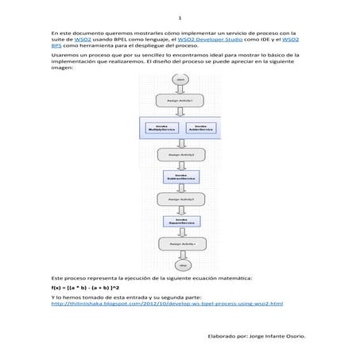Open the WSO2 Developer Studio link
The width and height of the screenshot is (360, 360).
[x=210, y=38]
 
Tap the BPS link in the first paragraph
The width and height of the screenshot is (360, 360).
[x=56, y=45]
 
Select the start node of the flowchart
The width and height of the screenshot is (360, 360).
[x=180, y=80]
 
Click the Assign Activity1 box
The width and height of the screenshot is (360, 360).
[x=180, y=101]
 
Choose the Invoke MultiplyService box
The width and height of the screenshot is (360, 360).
[x=161, y=127]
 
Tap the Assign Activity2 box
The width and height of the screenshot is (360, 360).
[x=180, y=153]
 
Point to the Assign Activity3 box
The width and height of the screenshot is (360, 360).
[x=180, y=199]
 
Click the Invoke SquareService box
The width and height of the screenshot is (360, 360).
[x=180, y=221]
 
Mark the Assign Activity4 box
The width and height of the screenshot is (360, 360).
[x=180, y=243]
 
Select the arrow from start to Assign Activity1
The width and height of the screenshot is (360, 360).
[x=180, y=90]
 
